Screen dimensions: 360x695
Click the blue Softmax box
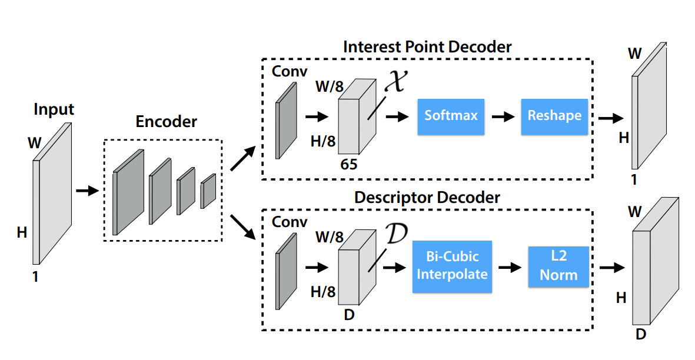[x=451, y=116]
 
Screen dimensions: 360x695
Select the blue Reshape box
[x=554, y=116]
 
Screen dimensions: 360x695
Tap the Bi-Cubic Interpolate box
[x=453, y=266]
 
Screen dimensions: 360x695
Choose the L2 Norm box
[x=558, y=266]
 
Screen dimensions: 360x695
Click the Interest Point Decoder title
[x=427, y=46]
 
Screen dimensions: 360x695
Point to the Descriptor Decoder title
[x=427, y=197]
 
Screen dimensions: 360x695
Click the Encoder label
[x=167, y=122]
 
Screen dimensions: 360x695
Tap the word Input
[x=54, y=109]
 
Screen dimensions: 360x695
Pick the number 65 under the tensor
[x=349, y=165]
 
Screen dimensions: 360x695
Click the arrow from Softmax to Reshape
[x=501, y=116]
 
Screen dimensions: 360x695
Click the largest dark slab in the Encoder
[x=128, y=192]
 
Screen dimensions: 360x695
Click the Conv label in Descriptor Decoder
[x=290, y=222]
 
